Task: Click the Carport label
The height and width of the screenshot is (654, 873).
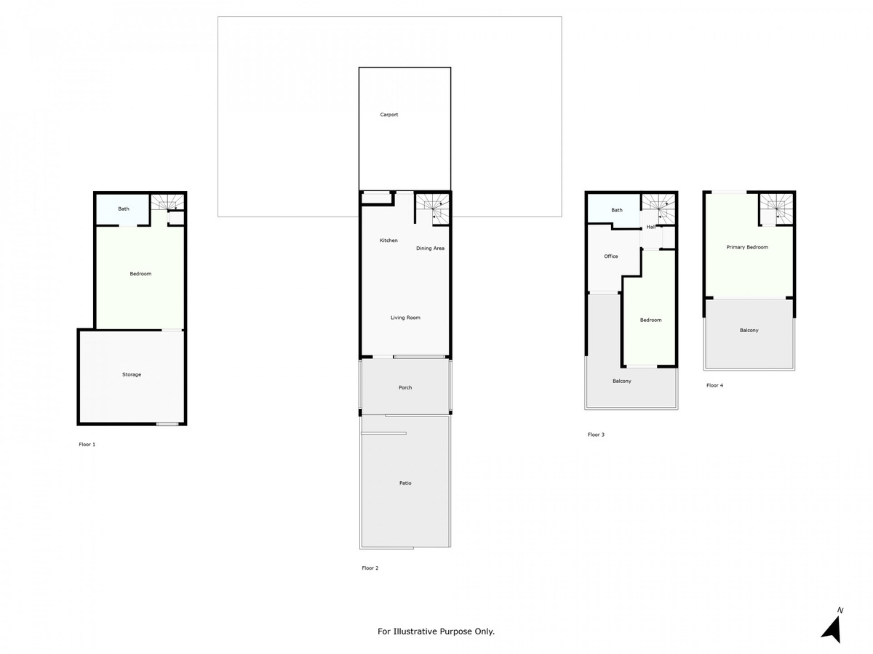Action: click(389, 115)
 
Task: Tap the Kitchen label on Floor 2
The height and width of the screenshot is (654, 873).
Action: click(388, 241)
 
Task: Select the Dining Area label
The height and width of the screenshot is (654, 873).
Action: click(430, 249)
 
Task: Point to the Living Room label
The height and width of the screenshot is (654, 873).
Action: click(405, 318)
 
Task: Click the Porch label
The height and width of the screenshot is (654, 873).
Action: click(405, 387)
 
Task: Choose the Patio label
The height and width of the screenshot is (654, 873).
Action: click(405, 483)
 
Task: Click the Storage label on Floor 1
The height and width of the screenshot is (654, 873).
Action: click(132, 374)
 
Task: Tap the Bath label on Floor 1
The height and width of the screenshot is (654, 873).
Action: click(124, 209)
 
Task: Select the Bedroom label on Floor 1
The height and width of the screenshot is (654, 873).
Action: click(140, 274)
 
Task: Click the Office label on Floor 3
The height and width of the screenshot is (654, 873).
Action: click(611, 257)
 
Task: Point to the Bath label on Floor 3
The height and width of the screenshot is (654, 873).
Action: click(617, 211)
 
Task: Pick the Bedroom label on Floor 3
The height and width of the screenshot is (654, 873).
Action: click(650, 320)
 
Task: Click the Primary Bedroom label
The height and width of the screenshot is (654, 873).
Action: click(747, 247)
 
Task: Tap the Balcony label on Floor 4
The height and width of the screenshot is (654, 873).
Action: click(749, 331)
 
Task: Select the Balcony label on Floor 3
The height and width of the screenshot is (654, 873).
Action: click(622, 381)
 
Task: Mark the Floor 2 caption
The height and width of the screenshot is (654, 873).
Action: click(370, 568)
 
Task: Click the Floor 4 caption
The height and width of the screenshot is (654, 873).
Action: click(714, 386)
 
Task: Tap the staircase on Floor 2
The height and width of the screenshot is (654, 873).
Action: click(432, 208)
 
